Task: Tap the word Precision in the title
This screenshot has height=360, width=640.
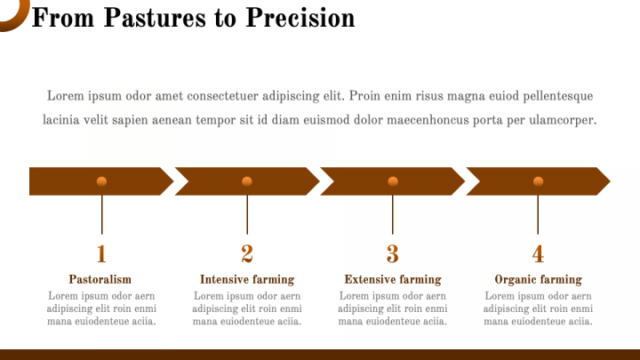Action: click(x=300, y=18)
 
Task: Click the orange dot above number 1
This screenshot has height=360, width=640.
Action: click(x=101, y=181)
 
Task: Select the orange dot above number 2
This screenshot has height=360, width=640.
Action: click(x=247, y=181)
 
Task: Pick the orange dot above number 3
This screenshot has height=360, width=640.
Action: click(x=393, y=181)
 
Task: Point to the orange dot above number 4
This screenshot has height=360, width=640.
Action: click(x=538, y=181)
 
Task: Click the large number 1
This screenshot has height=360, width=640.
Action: click(x=101, y=254)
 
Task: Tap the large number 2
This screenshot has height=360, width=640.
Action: click(x=247, y=254)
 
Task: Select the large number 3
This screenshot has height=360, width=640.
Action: click(x=393, y=254)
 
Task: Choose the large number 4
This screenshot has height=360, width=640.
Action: click(x=538, y=254)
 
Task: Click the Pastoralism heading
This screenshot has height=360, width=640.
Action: click(x=100, y=279)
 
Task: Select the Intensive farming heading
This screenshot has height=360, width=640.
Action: click(x=247, y=280)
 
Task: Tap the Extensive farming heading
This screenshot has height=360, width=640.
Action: click(x=393, y=280)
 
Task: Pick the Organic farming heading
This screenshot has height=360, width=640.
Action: click(x=538, y=280)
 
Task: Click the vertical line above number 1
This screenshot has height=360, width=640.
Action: click(x=101, y=215)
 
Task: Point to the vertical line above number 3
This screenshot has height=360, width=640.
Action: click(x=393, y=215)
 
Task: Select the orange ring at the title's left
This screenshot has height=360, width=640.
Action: click(x=19, y=20)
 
